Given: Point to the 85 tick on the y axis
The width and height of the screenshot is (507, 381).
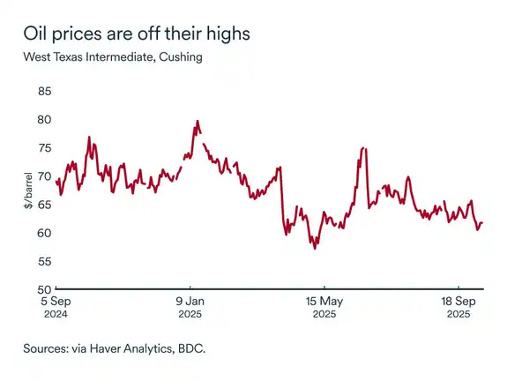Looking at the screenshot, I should click(44, 91).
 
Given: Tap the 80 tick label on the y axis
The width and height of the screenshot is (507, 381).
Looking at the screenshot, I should click(44, 119).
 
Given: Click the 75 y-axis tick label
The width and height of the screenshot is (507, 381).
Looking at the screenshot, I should click(44, 147).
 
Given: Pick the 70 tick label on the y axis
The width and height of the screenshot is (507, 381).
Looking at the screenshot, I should click(44, 176).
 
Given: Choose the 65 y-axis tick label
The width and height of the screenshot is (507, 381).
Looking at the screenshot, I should click(44, 205).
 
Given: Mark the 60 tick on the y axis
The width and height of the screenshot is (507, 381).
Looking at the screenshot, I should click(44, 233).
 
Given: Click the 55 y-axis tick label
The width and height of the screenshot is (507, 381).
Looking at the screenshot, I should click(44, 261).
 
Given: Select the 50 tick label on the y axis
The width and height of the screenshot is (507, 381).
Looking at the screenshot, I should click(44, 289).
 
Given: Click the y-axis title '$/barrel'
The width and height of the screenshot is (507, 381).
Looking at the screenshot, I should click(28, 190).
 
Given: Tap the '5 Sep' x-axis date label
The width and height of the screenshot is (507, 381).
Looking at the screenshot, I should click(56, 301).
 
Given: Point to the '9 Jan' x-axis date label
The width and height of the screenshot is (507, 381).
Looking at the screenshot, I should click(190, 301).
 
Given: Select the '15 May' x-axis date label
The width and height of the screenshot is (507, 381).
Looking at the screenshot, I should click(324, 301).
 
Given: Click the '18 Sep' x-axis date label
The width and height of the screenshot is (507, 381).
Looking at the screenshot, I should click(459, 301).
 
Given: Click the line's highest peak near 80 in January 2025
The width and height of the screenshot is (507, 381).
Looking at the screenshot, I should click(197, 121).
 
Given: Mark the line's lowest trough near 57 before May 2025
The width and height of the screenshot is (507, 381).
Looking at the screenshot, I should click(315, 249).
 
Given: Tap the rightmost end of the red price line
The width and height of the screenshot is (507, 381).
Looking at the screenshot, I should click(483, 223).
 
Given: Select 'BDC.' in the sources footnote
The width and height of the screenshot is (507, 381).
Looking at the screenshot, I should click(188, 349).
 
